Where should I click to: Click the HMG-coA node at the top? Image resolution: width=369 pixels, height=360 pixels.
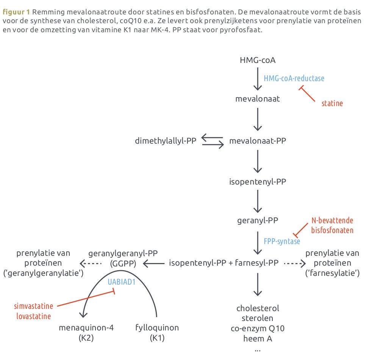(x=258, y=60)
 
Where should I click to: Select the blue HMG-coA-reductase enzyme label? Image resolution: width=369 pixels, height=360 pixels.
(x=294, y=78)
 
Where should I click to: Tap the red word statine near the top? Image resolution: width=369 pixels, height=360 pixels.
(x=332, y=103)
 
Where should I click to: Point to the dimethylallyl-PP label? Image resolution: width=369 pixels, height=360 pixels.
(x=166, y=141)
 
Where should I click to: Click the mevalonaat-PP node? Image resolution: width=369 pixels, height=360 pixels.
(x=258, y=141)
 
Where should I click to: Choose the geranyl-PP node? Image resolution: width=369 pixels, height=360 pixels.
(x=258, y=221)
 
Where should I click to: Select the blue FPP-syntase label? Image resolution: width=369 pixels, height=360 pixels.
(x=282, y=241)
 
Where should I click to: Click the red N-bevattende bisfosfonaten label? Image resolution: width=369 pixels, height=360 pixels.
(x=332, y=225)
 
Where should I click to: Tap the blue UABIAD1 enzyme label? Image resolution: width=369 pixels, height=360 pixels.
(x=122, y=282)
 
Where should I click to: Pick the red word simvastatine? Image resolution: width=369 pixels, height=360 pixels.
(x=34, y=306)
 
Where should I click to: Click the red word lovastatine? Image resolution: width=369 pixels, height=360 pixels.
(x=34, y=316)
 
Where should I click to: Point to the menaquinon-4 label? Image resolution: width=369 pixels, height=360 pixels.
(x=86, y=328)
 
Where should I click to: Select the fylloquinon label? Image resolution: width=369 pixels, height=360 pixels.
(x=157, y=328)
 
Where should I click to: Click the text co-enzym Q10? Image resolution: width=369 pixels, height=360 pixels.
(x=258, y=329)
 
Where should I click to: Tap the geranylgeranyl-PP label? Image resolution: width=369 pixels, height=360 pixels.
(x=123, y=254)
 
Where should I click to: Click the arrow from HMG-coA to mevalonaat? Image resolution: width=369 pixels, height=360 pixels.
(x=258, y=79)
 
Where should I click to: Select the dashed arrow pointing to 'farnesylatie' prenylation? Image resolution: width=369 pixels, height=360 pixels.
(x=295, y=263)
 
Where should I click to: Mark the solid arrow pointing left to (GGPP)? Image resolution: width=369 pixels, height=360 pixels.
(x=154, y=263)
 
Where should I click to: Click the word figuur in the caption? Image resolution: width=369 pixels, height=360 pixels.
(x=14, y=12)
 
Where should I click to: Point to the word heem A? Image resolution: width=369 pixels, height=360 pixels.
(x=258, y=338)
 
